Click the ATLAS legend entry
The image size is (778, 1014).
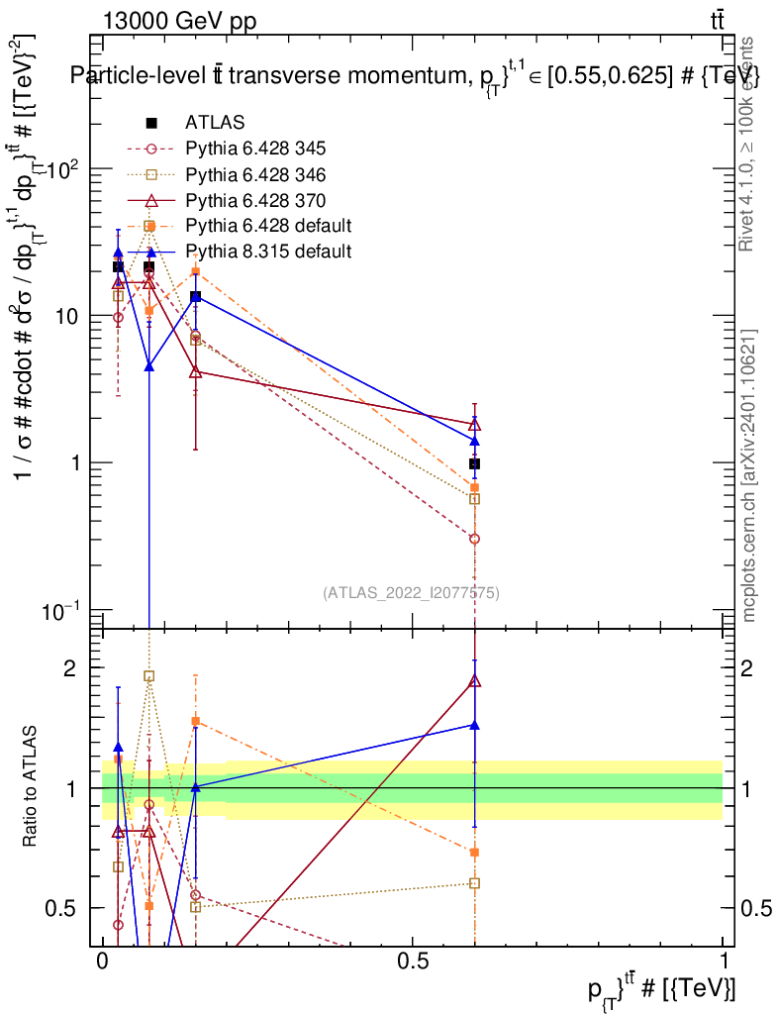coord(215,123)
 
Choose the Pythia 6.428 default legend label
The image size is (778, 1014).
coord(268,226)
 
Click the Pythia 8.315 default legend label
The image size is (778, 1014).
coord(268,252)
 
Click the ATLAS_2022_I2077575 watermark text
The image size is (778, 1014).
coord(411,593)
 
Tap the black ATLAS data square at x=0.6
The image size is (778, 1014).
coord(475,463)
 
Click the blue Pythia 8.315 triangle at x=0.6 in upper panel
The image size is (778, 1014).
coord(475,441)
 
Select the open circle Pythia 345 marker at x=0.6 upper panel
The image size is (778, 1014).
coord(475,539)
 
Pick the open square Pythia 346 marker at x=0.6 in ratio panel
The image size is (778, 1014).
coord(475,883)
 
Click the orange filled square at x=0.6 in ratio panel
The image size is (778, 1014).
coord(475,852)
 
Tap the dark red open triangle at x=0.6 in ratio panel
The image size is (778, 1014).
coord(475,680)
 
